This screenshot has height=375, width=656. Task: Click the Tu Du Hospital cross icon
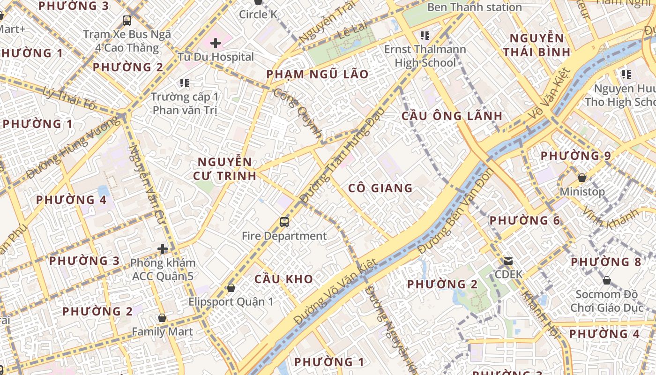coord(216,44)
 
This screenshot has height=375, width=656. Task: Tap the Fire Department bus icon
coord(284,222)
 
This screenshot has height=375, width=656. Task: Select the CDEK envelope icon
coord(508,261)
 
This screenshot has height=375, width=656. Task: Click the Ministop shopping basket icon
coord(581,178)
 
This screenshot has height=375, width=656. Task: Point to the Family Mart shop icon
coord(162,318)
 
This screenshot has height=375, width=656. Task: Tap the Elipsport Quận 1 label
coord(231,301)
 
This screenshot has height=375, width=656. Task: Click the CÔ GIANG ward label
coord(380,188)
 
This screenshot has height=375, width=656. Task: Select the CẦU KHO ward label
coord(283,279)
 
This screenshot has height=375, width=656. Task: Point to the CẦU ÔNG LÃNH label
coord(452,116)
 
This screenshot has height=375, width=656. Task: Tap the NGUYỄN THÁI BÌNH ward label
coord(537,45)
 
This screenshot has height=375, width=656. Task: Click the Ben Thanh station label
coord(474,7)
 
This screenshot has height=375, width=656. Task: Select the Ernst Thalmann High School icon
coord(425,36)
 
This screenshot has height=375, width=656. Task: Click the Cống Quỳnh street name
coord(298,113)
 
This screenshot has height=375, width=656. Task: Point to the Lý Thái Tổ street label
coord(68,98)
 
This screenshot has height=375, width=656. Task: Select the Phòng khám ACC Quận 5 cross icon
coord(163,249)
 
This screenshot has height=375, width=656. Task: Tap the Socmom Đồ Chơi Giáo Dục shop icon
coord(606,281)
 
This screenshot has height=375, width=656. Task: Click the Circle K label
coord(258,15)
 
